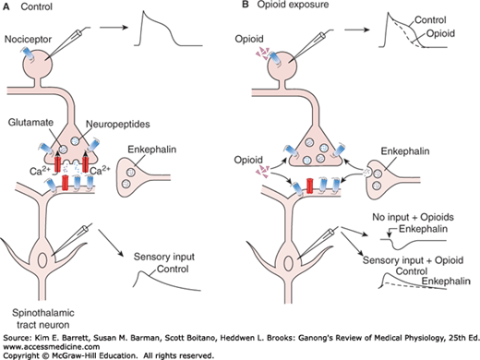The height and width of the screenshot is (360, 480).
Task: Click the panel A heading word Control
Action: click(34, 6)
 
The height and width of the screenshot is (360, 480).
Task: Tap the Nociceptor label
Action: click(27, 40)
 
